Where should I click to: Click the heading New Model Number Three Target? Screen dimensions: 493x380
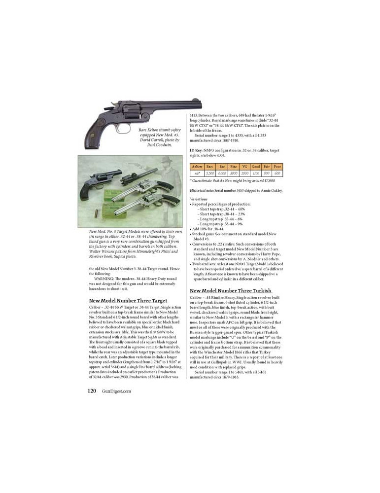coord(128,300)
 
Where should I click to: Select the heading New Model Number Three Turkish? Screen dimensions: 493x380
coord(231,291)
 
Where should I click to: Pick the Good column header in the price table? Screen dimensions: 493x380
coord(255,167)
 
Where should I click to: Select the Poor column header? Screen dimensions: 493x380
coord(277,167)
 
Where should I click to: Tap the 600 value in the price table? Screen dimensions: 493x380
coord(277,174)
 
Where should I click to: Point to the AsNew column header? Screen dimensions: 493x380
coord(197,167)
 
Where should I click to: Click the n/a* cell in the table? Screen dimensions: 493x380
coord(197,174)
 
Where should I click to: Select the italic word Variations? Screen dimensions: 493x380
coord(199,199)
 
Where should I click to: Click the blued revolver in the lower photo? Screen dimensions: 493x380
coord(101,181)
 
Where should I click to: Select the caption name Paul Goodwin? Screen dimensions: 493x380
coord(159,145)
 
